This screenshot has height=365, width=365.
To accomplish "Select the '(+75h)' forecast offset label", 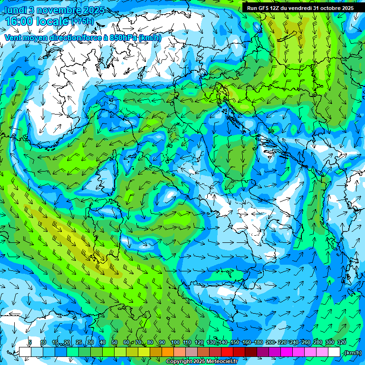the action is click(82, 21).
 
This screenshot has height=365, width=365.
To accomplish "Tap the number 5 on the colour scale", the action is click(30, 343).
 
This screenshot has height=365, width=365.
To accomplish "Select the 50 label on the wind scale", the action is click(114, 343).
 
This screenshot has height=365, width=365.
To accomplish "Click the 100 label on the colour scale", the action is click(175, 343).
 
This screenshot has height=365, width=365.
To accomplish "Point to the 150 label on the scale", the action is click(235, 343).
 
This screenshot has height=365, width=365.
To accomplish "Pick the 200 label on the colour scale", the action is click(270, 343).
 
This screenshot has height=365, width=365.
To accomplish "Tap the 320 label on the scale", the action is click(342, 343).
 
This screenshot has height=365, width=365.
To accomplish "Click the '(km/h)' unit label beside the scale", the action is click(353, 353).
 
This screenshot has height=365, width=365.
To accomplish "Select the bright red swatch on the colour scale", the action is click(227, 352).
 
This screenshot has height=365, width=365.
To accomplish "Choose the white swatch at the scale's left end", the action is click(25, 352).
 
